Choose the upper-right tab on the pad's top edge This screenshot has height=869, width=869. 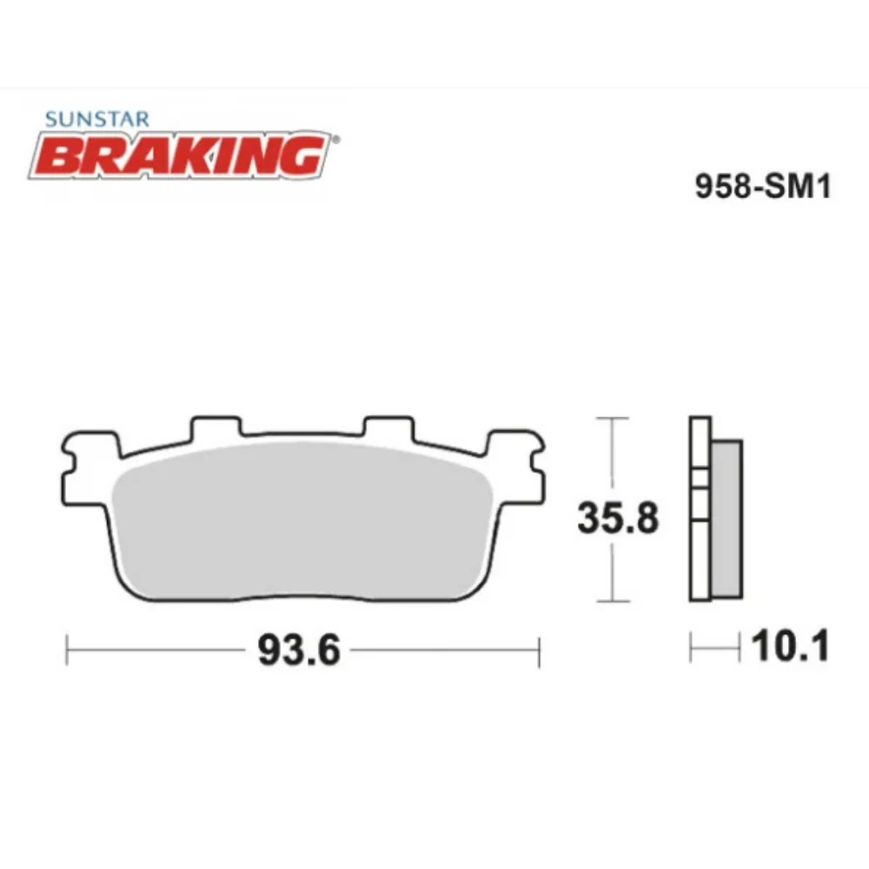(390, 428)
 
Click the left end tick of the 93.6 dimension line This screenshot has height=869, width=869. (68, 651)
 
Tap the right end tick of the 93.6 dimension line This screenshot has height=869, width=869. (540, 651)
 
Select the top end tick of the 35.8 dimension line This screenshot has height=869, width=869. (614, 418)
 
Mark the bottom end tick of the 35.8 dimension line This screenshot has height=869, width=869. (614, 601)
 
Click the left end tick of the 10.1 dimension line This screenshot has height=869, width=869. (691, 647)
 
